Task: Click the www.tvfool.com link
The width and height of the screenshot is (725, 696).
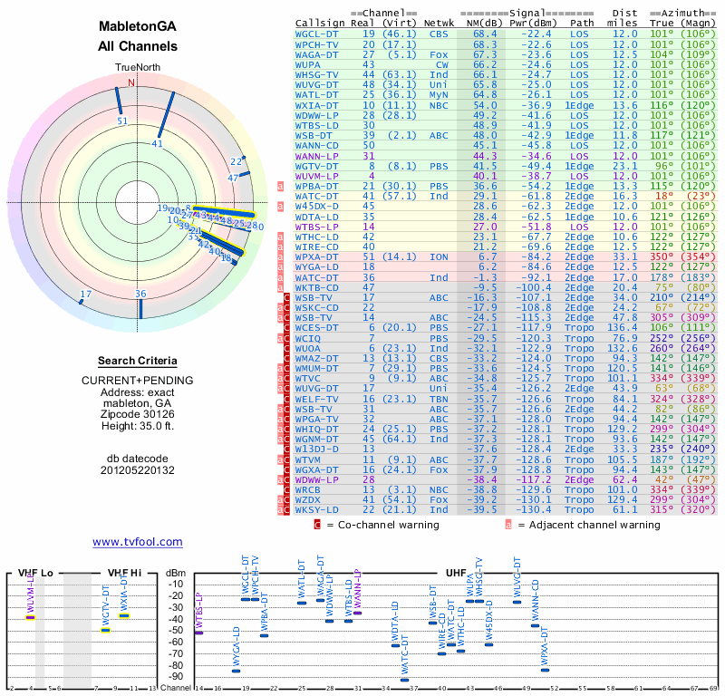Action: tap(137, 542)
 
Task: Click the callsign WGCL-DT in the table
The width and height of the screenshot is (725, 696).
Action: tap(317, 34)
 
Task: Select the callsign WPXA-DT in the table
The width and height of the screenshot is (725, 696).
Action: tap(317, 257)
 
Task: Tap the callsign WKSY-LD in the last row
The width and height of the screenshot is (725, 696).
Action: tap(317, 510)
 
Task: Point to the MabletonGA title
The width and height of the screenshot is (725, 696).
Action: tap(138, 28)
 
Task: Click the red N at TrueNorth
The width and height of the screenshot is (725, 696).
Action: tap(131, 82)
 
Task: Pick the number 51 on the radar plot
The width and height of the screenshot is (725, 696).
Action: tap(122, 120)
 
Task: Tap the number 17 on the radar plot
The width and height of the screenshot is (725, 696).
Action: tap(86, 294)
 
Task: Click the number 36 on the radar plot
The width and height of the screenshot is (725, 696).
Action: tap(140, 294)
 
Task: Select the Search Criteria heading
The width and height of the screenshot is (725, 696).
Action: tap(137, 361)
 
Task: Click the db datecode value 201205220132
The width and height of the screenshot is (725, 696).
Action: tap(137, 470)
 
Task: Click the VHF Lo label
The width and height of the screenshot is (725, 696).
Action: tap(35, 573)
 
